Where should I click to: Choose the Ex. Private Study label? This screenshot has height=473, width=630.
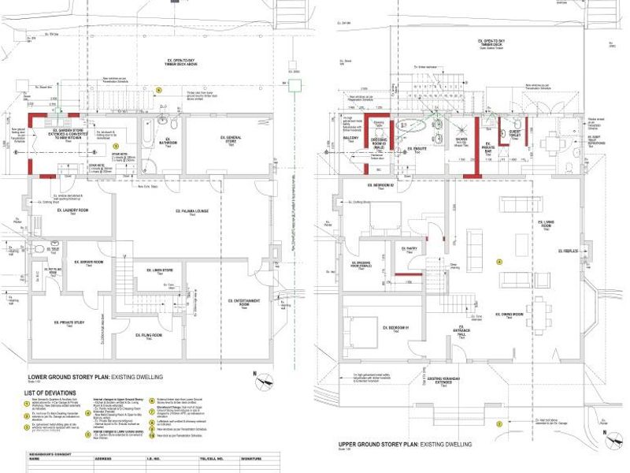[69, 322]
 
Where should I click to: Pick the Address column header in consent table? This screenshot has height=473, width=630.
[103, 457]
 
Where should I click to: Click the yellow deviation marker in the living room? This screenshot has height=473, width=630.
[498, 261]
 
